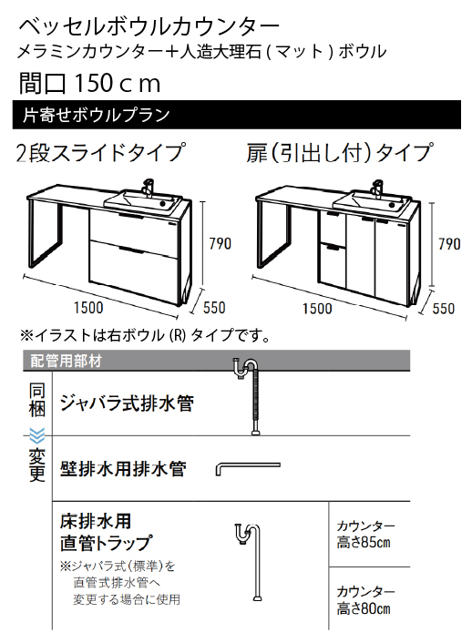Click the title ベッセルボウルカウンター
[149, 27]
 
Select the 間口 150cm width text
[89, 83]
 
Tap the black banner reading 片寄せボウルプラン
[236, 115]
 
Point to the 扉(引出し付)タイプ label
[339, 152]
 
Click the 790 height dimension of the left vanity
[221, 244]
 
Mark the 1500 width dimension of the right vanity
[317, 309]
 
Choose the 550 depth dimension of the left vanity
[214, 308]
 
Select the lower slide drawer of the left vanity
[134, 270]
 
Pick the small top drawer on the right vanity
[332, 227]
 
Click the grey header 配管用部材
[217, 361]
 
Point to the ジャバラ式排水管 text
[127, 403]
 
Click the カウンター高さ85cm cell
[370, 535]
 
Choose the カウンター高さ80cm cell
[370, 598]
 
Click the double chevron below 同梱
[37, 434]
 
